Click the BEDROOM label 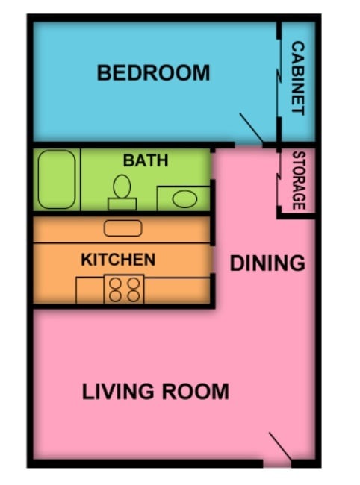153,73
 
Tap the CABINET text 297,78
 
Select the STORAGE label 298,181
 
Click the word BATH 146,160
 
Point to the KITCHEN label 118,260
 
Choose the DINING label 267,263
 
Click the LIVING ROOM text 155,391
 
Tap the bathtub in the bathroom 57,180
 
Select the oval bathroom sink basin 184,199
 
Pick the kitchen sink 122,229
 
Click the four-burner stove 124,290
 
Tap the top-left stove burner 116,283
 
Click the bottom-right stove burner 133,296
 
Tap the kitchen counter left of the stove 89,290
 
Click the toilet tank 122,204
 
